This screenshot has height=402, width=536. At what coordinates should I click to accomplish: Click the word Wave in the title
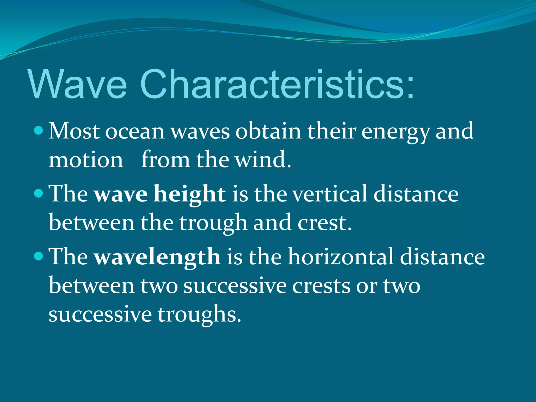78,84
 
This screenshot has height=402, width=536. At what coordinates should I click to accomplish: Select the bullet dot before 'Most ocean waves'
38,130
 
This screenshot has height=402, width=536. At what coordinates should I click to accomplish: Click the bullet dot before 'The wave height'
38,193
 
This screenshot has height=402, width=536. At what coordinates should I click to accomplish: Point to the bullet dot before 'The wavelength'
38,256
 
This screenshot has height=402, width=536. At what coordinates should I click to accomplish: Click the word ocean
135,132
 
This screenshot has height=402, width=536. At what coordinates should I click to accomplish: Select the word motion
86,160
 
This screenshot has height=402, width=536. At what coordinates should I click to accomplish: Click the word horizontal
341,257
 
